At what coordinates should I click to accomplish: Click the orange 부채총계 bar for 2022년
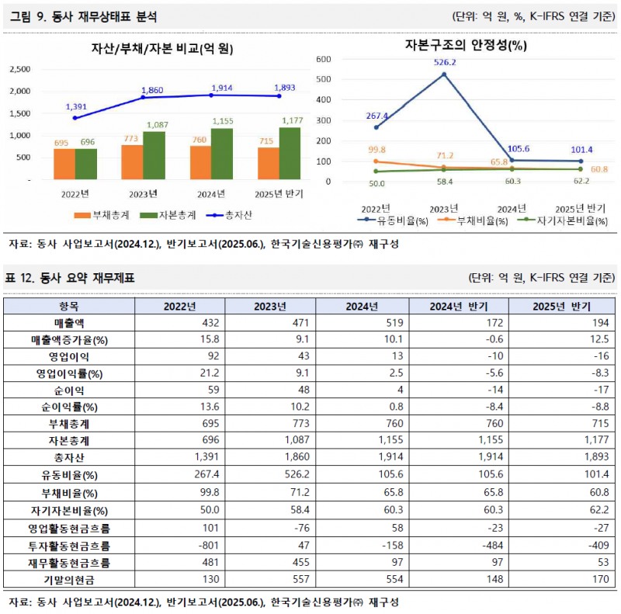point(64,164)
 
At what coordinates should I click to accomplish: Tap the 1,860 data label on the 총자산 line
point(154,90)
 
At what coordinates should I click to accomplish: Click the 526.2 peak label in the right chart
point(445,62)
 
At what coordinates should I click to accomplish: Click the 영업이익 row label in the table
point(69,356)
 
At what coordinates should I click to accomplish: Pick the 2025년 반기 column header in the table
point(561,306)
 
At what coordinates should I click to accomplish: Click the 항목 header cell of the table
point(69,306)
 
